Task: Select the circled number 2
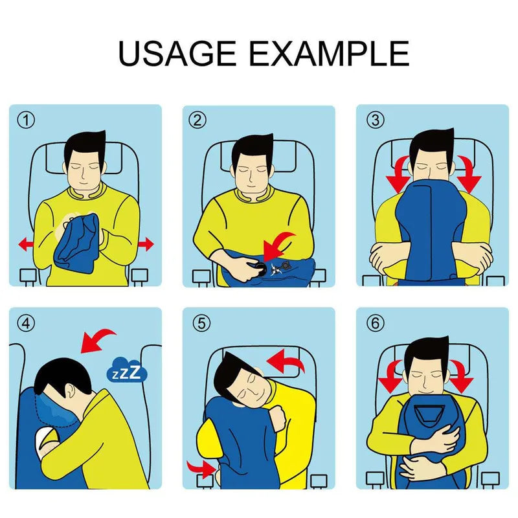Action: coord(197,120)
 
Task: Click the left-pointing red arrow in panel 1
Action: coord(26,244)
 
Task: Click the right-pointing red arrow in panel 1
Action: coord(146,244)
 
